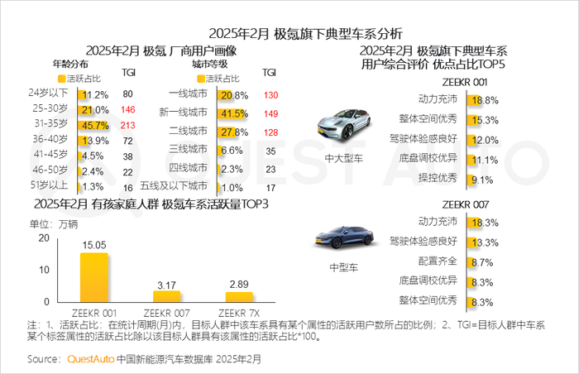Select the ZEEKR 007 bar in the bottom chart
(166, 296)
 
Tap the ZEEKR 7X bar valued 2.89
(239, 297)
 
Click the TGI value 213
(127, 126)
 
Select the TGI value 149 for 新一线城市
(270, 113)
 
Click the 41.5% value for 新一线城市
(235, 113)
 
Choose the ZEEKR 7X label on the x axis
(239, 314)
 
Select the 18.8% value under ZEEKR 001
(484, 100)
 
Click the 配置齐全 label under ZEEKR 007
(439, 261)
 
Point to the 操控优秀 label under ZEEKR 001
(439, 178)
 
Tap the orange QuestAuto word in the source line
(91, 359)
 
